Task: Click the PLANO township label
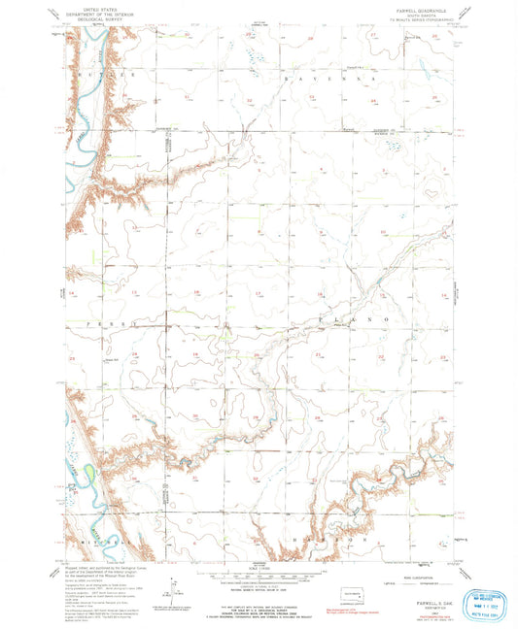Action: coord(350,318)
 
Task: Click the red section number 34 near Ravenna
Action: coord(374,100)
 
